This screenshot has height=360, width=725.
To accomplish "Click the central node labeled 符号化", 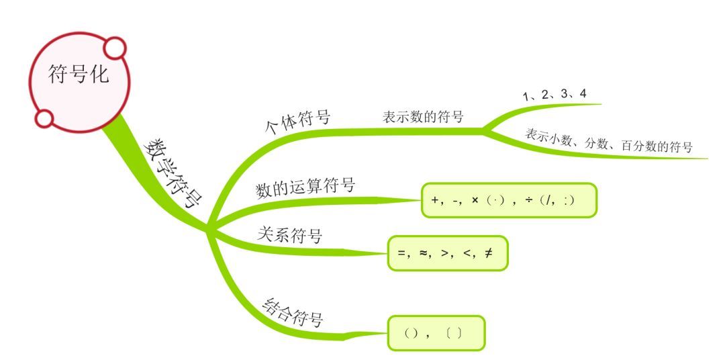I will (78, 75).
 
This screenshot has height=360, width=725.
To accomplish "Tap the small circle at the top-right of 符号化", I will (115, 48).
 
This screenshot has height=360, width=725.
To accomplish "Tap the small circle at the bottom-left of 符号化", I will (44, 118).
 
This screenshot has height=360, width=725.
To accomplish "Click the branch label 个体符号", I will (299, 123).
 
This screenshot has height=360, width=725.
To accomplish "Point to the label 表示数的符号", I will (423, 116).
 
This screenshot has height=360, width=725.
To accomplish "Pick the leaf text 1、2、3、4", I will (554, 95).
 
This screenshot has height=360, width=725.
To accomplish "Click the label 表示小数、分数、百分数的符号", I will (609, 141).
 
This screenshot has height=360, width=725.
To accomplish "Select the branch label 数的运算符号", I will (305, 187).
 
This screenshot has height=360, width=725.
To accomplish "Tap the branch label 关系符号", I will (290, 236).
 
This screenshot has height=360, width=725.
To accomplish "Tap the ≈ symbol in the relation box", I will (424, 253).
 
